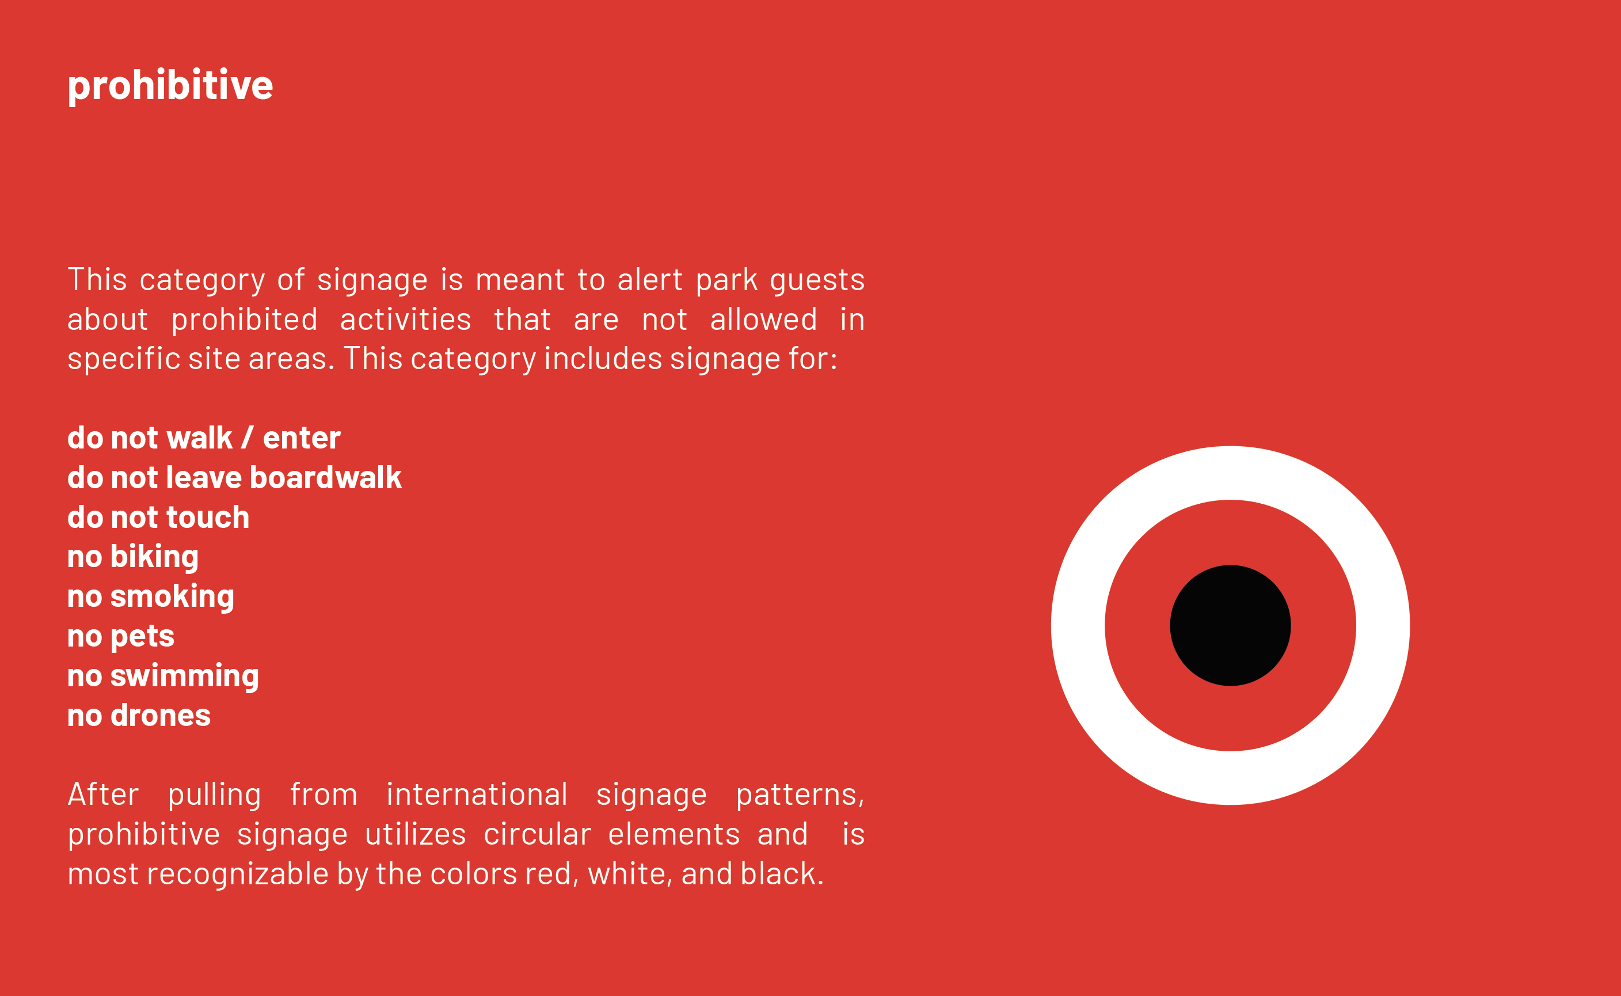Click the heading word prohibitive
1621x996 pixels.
pos(170,86)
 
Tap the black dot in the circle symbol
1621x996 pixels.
pos(1230,625)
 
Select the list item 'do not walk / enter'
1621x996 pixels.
pos(204,438)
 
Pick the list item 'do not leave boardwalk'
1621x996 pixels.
pos(234,478)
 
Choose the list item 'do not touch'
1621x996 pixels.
pos(159,517)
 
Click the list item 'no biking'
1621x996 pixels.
pos(133,557)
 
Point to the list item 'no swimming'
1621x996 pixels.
pos(163,676)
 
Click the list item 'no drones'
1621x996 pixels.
pos(139,716)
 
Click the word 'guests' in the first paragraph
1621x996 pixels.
pos(817,280)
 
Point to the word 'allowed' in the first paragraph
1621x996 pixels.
pos(763,320)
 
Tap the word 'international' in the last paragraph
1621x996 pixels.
pos(477,794)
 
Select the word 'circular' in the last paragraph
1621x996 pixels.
pos(538,834)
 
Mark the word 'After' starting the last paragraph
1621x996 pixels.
pos(104,794)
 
